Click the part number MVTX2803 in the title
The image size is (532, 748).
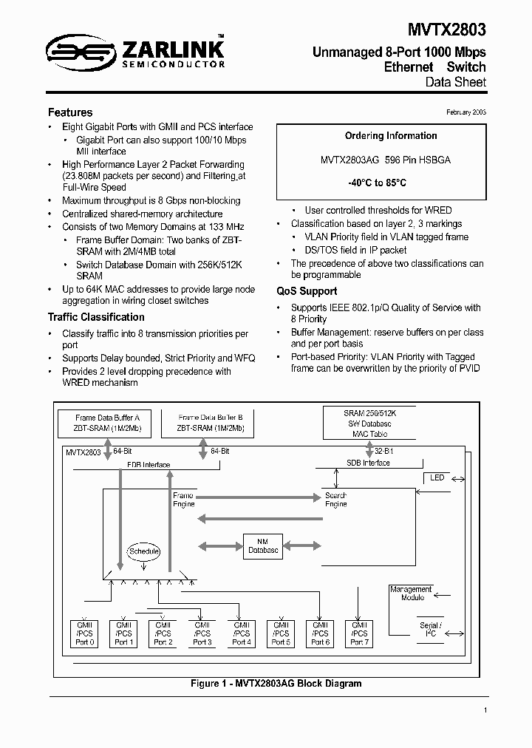pos(446,29)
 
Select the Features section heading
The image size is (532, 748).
pos(70,112)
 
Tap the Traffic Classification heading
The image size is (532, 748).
pos(96,317)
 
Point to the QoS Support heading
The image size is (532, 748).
pos(307,291)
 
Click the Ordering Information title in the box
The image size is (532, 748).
pos(381,136)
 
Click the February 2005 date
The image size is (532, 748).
pos(465,112)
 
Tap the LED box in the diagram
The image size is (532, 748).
pos(437,478)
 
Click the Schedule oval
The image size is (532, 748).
pos(144,551)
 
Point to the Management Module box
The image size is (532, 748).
pos(411,594)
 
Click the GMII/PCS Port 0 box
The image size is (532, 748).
pos(85,633)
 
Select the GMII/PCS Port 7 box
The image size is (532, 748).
pos(359,633)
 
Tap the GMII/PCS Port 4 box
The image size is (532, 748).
pos(242,633)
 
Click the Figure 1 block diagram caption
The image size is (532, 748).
pos(276,684)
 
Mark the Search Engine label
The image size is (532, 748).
pos(335,500)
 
